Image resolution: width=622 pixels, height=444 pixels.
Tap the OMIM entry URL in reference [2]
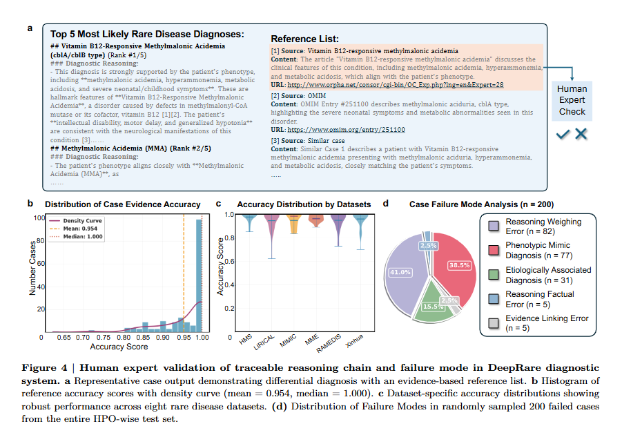(346, 129)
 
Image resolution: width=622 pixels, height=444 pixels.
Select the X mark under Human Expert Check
(581, 134)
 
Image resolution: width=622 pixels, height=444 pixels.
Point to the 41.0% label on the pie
(401, 272)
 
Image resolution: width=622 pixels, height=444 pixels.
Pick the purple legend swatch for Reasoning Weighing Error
(494, 225)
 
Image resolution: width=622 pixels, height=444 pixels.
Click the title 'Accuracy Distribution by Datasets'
(304, 204)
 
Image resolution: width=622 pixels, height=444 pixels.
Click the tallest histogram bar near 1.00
(200, 276)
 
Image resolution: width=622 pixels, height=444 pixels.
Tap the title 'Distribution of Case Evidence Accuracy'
(123, 204)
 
